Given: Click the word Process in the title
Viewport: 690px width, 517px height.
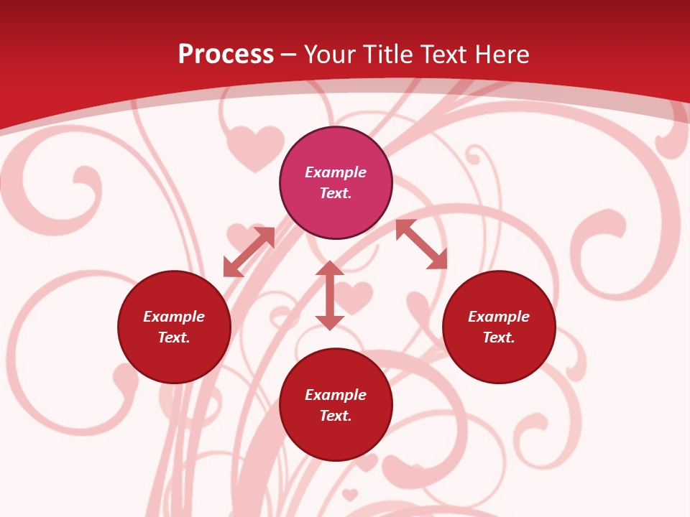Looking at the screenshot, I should (226, 55).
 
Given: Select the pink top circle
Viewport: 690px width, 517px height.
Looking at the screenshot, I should (336, 151).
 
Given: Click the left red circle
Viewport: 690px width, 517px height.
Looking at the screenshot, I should (174, 359).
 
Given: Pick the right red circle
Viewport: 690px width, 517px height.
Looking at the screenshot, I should (499, 359).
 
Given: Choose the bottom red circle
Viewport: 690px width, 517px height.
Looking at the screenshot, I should (336, 437).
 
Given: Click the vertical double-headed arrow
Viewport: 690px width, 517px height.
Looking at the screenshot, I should (330, 295).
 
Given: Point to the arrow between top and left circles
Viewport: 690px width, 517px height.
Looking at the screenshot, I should (249, 252).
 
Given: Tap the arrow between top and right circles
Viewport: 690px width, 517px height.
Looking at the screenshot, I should (421, 244).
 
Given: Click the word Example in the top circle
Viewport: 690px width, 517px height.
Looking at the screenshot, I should (336, 172).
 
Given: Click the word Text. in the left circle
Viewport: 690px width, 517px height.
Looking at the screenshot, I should (174, 337).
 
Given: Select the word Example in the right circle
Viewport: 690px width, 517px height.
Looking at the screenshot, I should (499, 317).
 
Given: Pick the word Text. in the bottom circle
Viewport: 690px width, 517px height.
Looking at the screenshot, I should (336, 416).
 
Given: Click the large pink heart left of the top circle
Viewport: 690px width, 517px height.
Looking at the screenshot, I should (254, 146).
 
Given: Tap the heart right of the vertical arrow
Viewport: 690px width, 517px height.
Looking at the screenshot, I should (354, 296).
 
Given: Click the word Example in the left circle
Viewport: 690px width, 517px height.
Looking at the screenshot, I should (174, 317).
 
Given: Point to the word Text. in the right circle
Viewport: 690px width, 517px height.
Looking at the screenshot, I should (499, 337).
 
